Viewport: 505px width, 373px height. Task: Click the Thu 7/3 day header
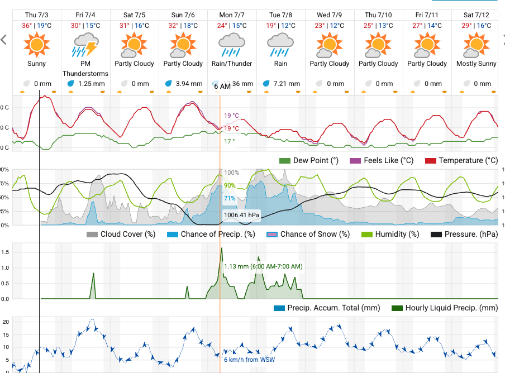(x=37, y=14)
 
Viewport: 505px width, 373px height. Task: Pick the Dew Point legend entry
(x=309, y=161)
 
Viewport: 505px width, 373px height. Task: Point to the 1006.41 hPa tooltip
(x=242, y=214)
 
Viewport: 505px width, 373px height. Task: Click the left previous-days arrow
(x=4, y=40)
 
